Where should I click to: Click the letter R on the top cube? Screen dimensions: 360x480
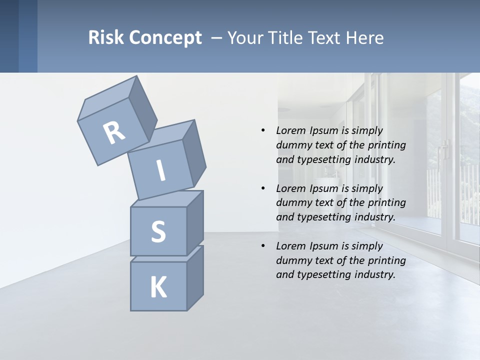[x=114, y=133]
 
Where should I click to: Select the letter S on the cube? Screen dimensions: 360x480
[x=158, y=231]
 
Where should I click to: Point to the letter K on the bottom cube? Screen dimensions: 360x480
[x=158, y=287]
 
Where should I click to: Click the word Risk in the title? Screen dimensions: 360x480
[x=105, y=37]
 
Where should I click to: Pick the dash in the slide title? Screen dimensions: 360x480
[x=217, y=38]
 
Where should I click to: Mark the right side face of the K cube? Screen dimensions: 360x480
[x=195, y=278]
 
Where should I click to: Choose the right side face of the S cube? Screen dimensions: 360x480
[x=195, y=223]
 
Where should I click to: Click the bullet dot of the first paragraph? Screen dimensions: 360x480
[x=263, y=130]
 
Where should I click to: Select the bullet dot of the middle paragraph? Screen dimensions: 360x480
[x=263, y=188]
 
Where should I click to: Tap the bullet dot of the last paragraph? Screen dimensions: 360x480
[x=263, y=246]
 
